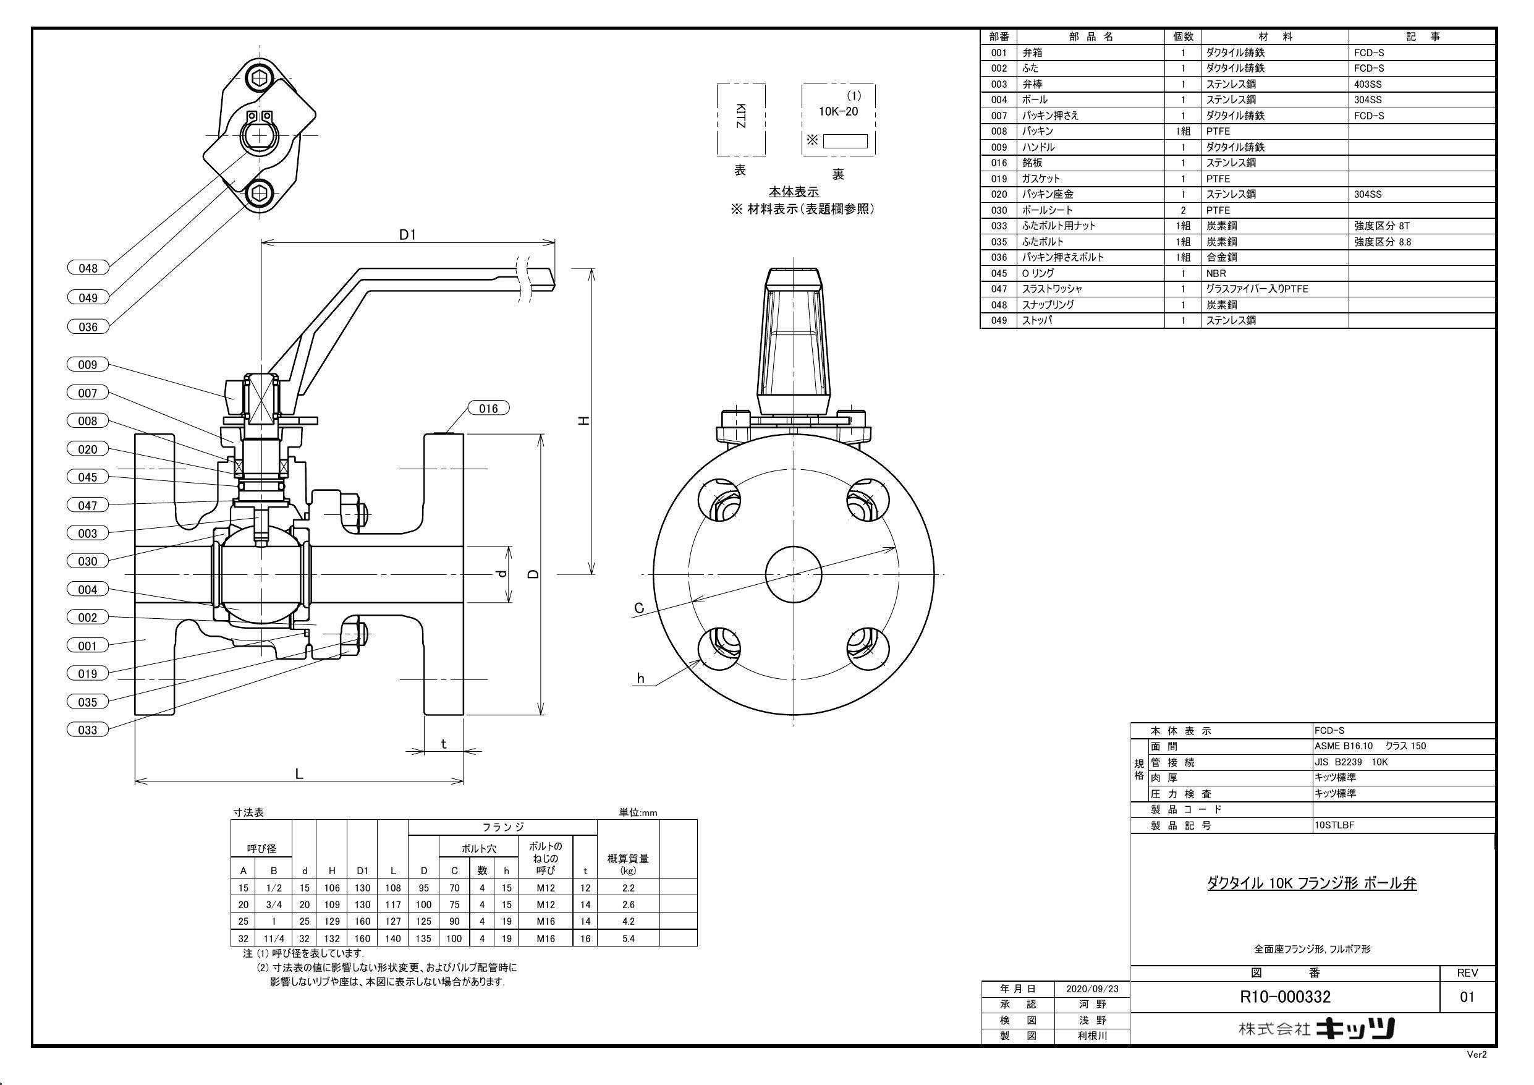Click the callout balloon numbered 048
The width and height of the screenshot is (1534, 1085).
coord(88,268)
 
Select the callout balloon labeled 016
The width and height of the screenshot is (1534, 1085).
coord(488,409)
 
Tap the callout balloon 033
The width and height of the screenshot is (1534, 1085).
coord(88,730)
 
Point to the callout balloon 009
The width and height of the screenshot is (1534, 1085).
coord(88,364)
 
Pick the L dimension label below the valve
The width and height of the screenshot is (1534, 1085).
coord(299,773)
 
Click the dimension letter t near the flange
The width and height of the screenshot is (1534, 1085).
coord(444,743)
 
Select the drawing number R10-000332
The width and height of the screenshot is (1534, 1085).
coord(1285,997)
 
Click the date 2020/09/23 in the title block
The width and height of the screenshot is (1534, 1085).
coord(1092,989)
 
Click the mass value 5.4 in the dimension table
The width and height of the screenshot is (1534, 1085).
coord(628,938)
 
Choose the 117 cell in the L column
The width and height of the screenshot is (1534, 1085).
coord(393,904)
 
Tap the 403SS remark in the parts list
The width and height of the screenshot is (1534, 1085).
coord(1368,84)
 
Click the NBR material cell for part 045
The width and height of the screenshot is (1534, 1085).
coord(1216,273)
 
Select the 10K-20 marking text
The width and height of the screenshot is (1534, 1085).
coord(839,111)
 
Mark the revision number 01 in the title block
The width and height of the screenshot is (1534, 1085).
coord(1467,997)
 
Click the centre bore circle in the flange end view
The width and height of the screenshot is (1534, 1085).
coord(793,574)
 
